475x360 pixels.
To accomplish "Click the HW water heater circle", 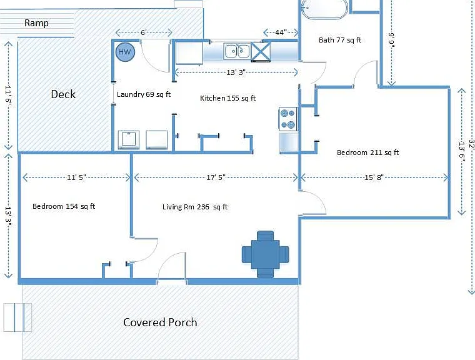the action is coord(125,52).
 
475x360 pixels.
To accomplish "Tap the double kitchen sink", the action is coord(237,51).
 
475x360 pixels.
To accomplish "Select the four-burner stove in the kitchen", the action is coord(288,119).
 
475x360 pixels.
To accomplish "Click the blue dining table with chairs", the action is coord(266,254).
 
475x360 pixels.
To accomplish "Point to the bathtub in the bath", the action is coord(324,8).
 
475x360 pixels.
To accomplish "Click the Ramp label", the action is coord(36,23).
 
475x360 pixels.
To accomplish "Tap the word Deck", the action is coord(63,94).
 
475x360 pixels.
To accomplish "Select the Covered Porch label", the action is coord(160,322).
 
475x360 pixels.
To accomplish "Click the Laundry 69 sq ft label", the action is coord(144,94).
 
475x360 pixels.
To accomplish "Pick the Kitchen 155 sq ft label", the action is coord(227,98).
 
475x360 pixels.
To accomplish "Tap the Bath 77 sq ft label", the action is coord(340,40).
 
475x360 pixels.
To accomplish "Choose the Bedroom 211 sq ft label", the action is coord(367,152).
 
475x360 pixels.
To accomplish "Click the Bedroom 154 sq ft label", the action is coord(64,206).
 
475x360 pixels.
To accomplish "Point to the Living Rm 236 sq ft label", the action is coord(195,207).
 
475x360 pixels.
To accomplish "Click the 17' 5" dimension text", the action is coord(216,177).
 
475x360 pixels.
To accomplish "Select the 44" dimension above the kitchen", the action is coord(281,32).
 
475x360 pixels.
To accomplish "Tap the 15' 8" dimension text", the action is coord(374,177).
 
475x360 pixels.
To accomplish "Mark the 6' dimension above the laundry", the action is coord(144,32).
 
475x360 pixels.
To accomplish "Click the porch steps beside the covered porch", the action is coord(17,317).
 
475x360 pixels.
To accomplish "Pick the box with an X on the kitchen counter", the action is coord(261,52).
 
